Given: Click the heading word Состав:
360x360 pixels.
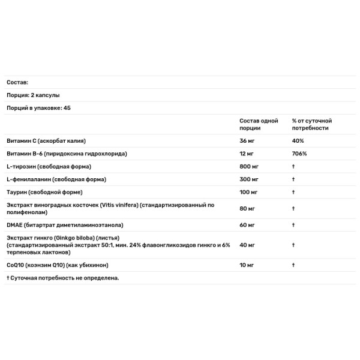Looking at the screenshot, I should pos(17,82).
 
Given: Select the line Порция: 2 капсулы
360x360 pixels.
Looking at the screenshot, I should pos(33,95).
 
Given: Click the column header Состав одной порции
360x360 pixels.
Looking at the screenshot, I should pos(258,124).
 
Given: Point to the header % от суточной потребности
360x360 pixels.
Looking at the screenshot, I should pos(312,124).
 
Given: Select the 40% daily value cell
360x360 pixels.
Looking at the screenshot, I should pos(298,141).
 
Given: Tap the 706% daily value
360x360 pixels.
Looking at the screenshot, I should pos(299,154).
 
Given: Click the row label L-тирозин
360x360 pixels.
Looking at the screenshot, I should pos(23,166).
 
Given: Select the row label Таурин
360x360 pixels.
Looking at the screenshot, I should pos(18,192).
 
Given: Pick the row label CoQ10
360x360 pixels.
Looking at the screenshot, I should pos(16,265).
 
